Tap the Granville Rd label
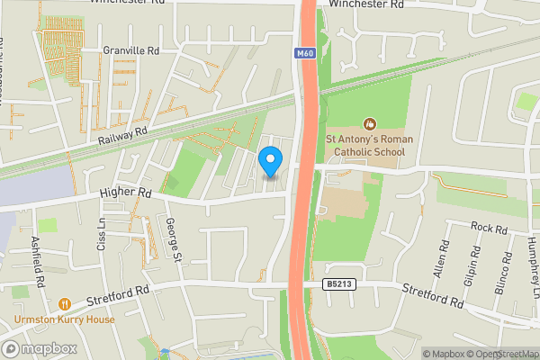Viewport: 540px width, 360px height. pos(130,51)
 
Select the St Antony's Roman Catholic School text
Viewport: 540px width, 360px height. pos(369,146)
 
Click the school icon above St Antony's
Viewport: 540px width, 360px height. pos(369,124)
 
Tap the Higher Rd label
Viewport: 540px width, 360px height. pos(132,193)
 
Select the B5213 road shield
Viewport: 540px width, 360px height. pos(337,284)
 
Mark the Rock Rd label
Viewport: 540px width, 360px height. pos(490,229)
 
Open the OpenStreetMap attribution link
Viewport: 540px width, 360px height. pos(499,354)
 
